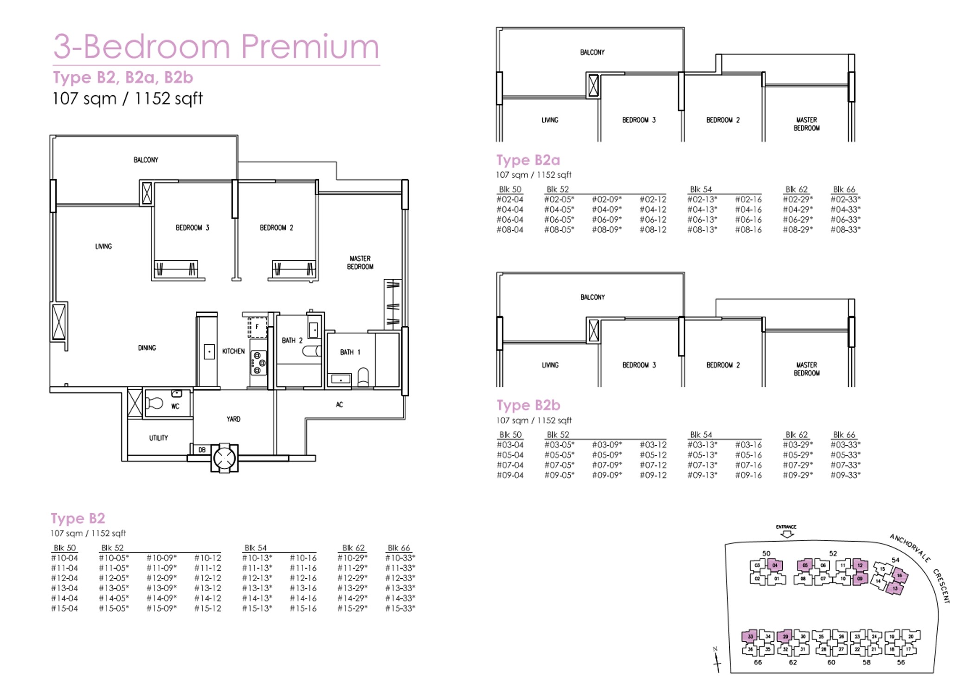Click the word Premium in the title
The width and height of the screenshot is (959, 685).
(x=310, y=46)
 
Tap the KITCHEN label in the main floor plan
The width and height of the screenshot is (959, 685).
(x=233, y=351)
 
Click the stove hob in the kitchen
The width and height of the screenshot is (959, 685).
(x=258, y=363)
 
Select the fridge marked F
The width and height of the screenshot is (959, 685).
(x=257, y=327)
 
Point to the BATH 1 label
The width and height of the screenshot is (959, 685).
(x=350, y=352)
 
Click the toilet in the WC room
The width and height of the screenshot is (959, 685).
(x=154, y=403)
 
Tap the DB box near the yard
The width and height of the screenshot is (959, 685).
(x=202, y=450)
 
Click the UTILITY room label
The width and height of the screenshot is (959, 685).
(x=159, y=438)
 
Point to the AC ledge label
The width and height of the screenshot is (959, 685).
(x=340, y=405)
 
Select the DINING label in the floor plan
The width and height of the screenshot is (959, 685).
(x=147, y=348)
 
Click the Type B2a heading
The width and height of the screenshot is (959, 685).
(x=528, y=160)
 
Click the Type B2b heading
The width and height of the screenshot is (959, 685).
(x=528, y=405)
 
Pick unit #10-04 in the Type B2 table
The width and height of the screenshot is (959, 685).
(x=64, y=558)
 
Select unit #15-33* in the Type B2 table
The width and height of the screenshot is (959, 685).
(x=400, y=608)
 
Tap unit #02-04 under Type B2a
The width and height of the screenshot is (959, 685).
(x=510, y=200)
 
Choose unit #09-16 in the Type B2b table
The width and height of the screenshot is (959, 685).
(x=748, y=475)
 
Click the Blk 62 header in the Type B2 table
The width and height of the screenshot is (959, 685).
(x=354, y=548)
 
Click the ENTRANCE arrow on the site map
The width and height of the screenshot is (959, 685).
(x=787, y=534)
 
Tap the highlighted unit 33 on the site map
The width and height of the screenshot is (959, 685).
(x=750, y=636)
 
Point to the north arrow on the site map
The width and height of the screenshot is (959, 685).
(x=717, y=659)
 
